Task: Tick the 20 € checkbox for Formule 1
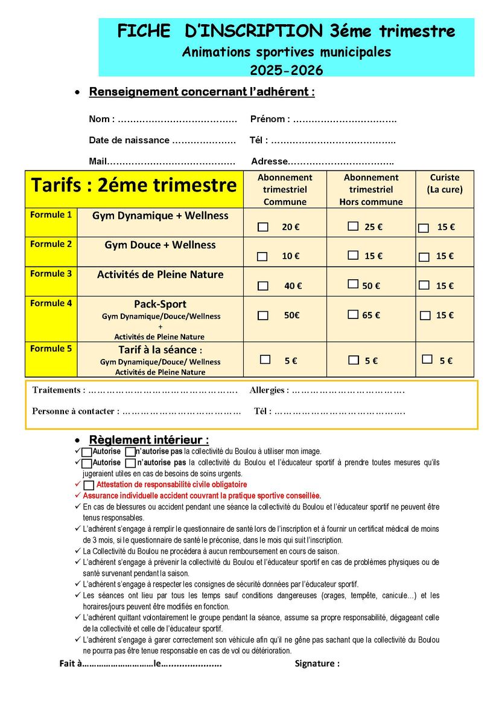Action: pyautogui.click(x=263, y=227)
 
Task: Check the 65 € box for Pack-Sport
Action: pyautogui.click(x=354, y=314)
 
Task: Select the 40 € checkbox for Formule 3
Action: pyautogui.click(x=263, y=286)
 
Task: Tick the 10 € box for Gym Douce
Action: pyautogui.click(x=262, y=256)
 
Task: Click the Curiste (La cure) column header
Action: pyautogui.click(x=445, y=183)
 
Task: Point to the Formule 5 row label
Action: pyautogui.click(x=51, y=349)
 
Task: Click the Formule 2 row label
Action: pyautogui.click(x=51, y=244)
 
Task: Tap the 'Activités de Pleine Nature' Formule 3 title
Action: pyautogui.click(x=160, y=274)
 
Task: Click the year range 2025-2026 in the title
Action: pyautogui.click(x=287, y=70)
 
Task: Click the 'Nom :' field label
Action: pyautogui.click(x=101, y=119)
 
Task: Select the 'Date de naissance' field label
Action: pyautogui.click(x=129, y=140)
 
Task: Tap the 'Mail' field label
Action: pyautogui.click(x=97, y=161)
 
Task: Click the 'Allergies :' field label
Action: pyautogui.click(x=269, y=390)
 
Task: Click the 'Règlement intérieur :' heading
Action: pyautogui.click(x=148, y=440)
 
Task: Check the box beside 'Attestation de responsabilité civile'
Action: pyautogui.click(x=89, y=485)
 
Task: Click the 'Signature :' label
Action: pyautogui.click(x=317, y=663)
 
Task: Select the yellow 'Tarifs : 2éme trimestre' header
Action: pyautogui.click(x=134, y=185)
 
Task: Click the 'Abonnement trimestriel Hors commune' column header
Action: pyautogui.click(x=371, y=189)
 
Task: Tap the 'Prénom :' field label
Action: pyautogui.click(x=270, y=119)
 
